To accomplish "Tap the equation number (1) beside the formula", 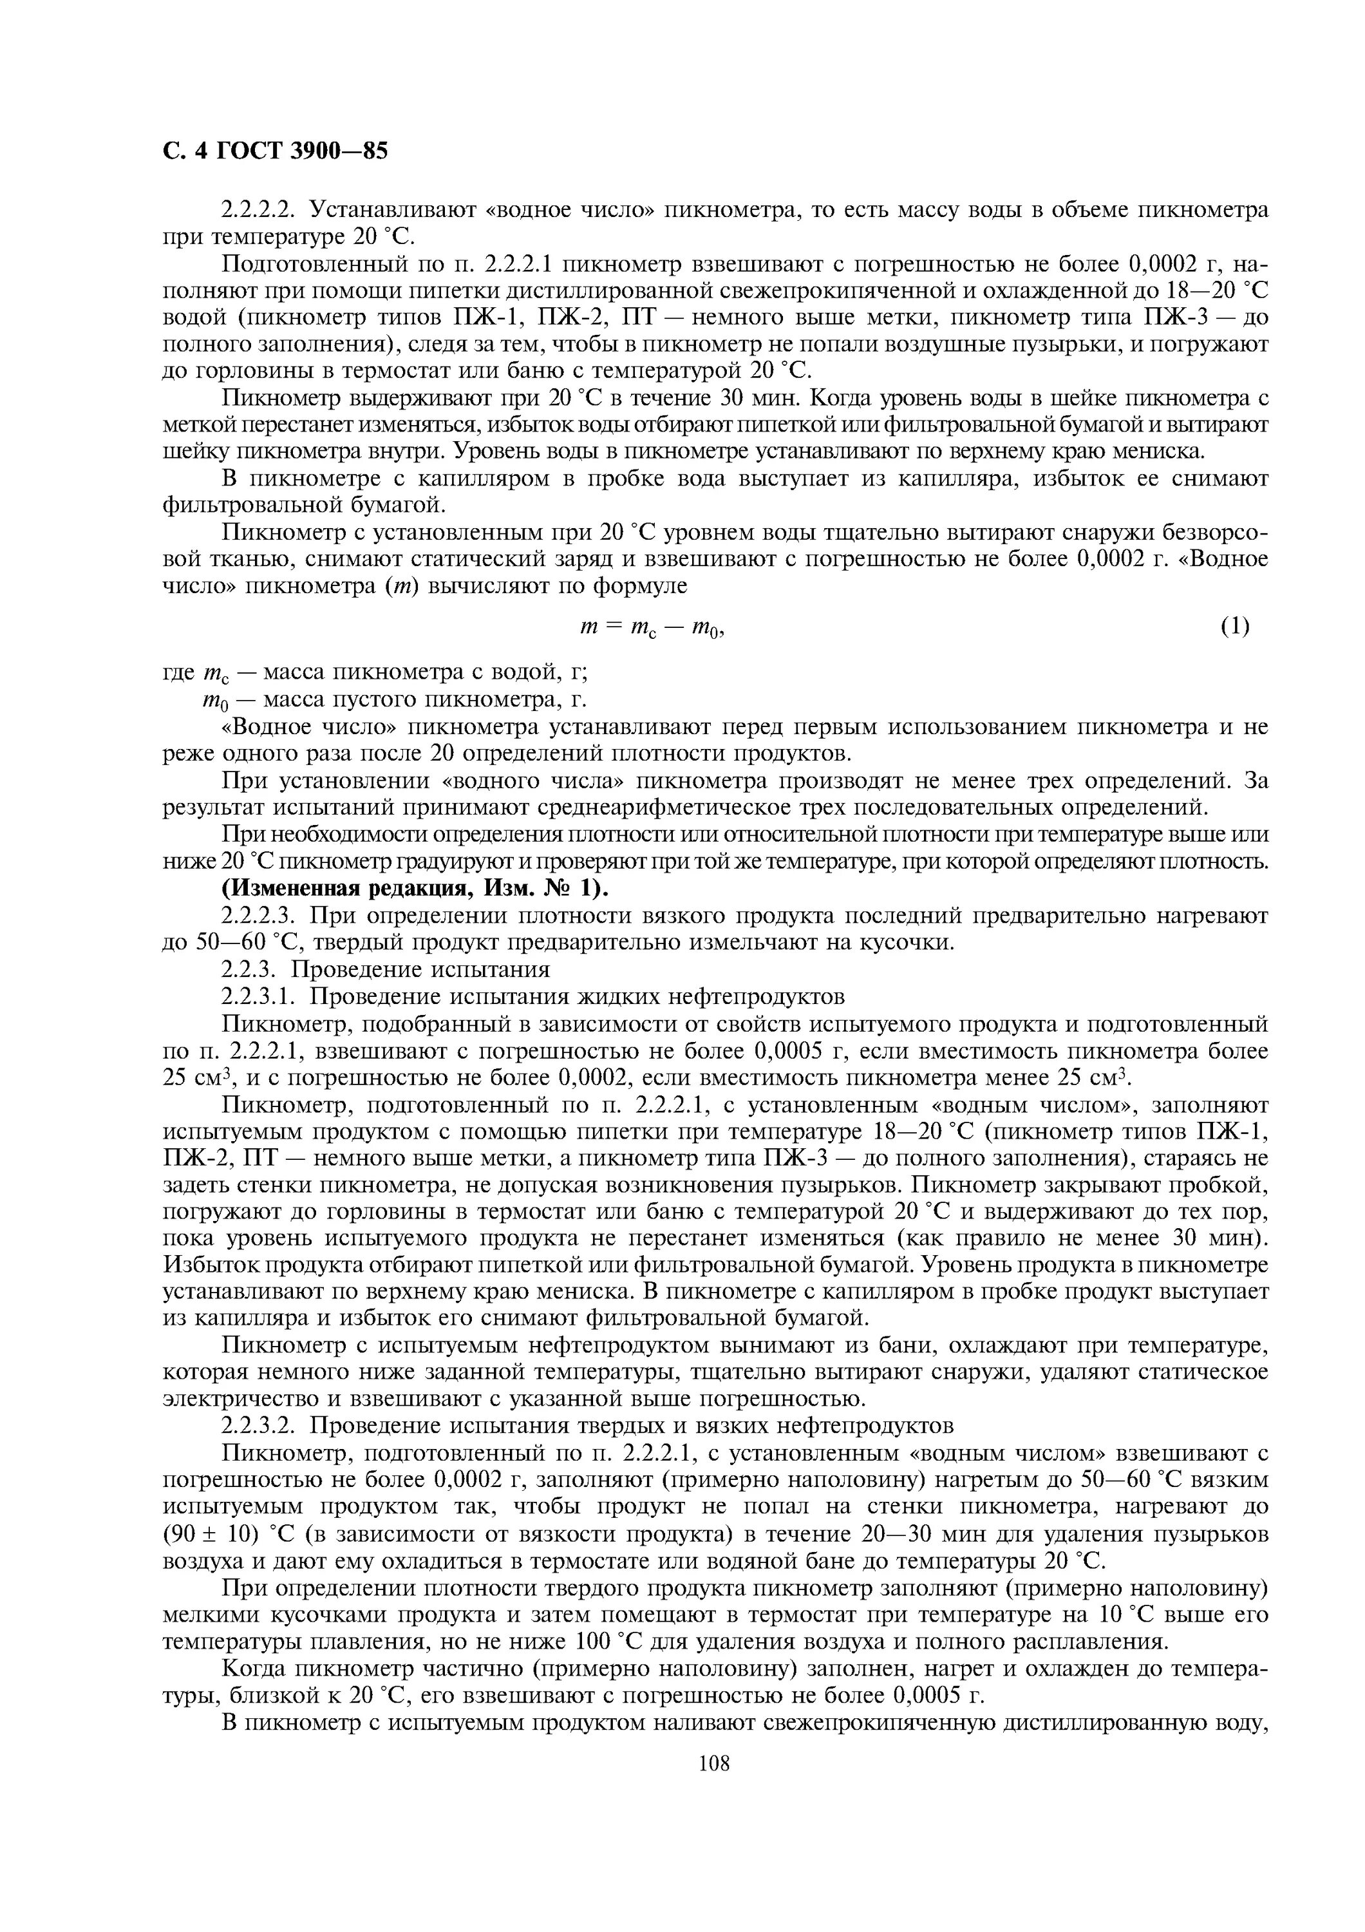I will click(1234, 626).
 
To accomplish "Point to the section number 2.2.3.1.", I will click(261, 996).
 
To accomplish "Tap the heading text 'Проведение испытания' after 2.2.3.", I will click(429, 969).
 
